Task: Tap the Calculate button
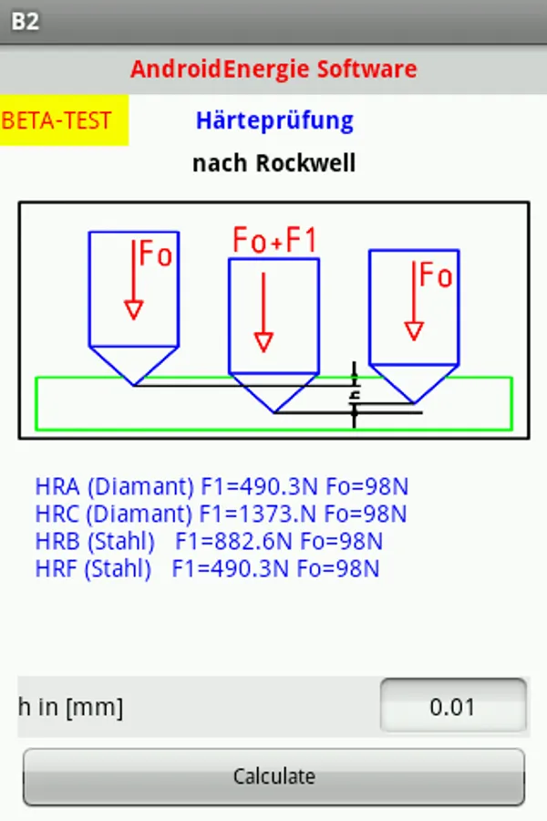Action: point(273,777)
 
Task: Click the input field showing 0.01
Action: point(452,707)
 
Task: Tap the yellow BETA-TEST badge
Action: point(58,121)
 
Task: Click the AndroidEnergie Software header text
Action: point(273,68)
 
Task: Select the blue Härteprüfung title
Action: point(274,120)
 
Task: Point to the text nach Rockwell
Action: point(273,164)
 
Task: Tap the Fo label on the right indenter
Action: point(436,275)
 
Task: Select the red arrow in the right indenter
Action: point(414,301)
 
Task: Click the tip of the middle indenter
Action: point(275,411)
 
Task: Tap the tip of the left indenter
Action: point(134,384)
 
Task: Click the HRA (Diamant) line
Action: point(222,486)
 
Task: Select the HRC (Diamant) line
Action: point(222,514)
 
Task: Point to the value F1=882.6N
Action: point(233,541)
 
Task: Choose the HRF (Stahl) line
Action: point(207,568)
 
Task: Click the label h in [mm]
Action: point(71,707)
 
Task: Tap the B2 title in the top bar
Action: point(26,21)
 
